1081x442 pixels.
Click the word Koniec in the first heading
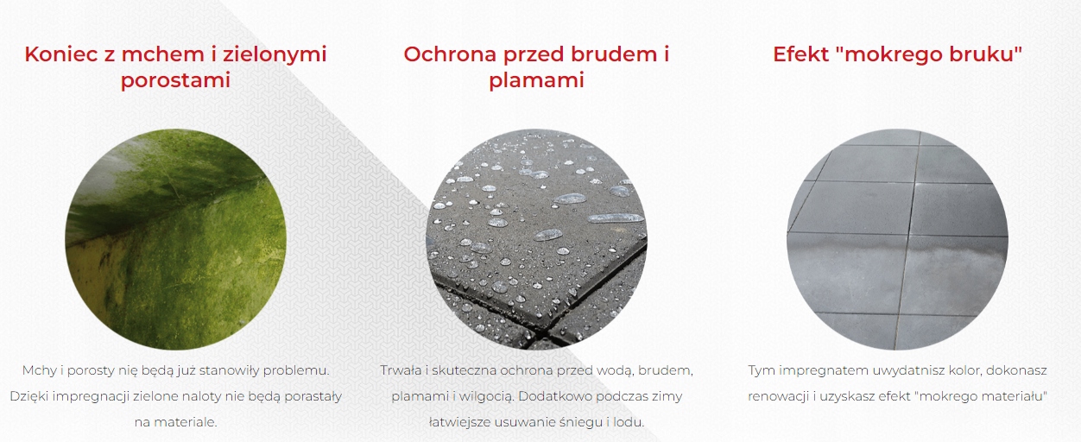pyautogui.click(x=61, y=54)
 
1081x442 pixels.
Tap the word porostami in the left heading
pyautogui.click(x=175, y=80)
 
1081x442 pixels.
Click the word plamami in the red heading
pyautogui.click(x=537, y=80)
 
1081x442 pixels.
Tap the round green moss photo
pyautogui.click(x=175, y=239)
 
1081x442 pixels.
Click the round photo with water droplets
pyautogui.click(x=536, y=239)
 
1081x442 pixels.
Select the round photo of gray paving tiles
pyautogui.click(x=897, y=239)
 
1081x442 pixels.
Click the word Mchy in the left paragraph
pyautogui.click(x=39, y=370)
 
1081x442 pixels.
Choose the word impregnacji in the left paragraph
pyautogui.click(x=91, y=396)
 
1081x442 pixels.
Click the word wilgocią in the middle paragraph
pyautogui.click(x=487, y=397)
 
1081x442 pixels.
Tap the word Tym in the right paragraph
pyautogui.click(x=761, y=371)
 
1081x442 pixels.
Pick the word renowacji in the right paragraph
pyautogui.click(x=778, y=396)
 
